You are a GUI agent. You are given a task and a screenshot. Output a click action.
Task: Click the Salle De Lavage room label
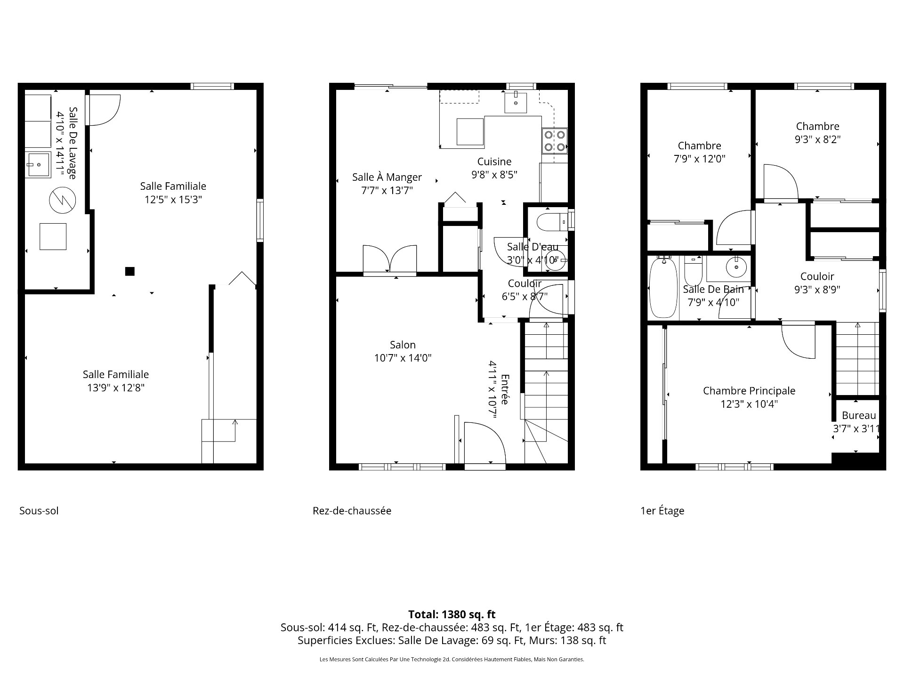pyautogui.click(x=73, y=143)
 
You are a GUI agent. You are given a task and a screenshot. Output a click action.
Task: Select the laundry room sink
pyautogui.click(x=38, y=165)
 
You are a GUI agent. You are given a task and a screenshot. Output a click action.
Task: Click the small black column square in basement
pyautogui.click(x=129, y=271)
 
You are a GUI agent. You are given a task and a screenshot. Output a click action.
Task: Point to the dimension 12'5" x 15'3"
pyautogui.click(x=173, y=200)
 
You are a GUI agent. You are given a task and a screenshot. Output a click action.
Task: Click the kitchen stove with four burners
pyautogui.click(x=554, y=141)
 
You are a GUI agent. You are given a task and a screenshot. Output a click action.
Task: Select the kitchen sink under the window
pyautogui.click(x=516, y=103)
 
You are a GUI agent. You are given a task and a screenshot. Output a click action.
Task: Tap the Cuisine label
pyautogui.click(x=494, y=161)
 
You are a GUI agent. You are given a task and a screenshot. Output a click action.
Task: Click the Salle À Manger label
pyautogui.click(x=387, y=177)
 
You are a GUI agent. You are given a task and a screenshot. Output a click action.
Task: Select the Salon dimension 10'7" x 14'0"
pyautogui.click(x=403, y=358)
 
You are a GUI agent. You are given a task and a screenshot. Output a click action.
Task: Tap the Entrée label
pyautogui.click(x=505, y=389)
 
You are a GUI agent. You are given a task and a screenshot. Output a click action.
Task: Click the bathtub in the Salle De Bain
pyautogui.click(x=663, y=288)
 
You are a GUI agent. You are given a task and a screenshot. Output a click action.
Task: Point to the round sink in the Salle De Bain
pyautogui.click(x=736, y=268)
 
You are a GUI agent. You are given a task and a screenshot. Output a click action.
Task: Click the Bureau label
pyautogui.click(x=859, y=415)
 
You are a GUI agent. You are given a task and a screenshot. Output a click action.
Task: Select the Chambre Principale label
pyautogui.click(x=749, y=390)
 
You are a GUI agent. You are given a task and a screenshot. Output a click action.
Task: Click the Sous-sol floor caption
pyautogui.click(x=39, y=511)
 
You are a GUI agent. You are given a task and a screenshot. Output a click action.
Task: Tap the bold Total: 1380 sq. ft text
pyautogui.click(x=452, y=614)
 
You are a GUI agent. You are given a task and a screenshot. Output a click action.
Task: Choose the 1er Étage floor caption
pyautogui.click(x=662, y=511)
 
